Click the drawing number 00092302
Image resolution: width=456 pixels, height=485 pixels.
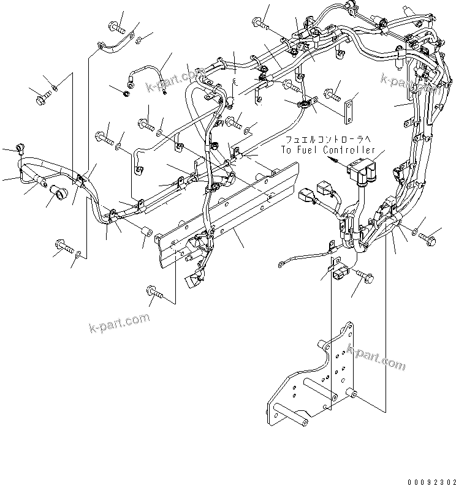[x=428, y=480]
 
